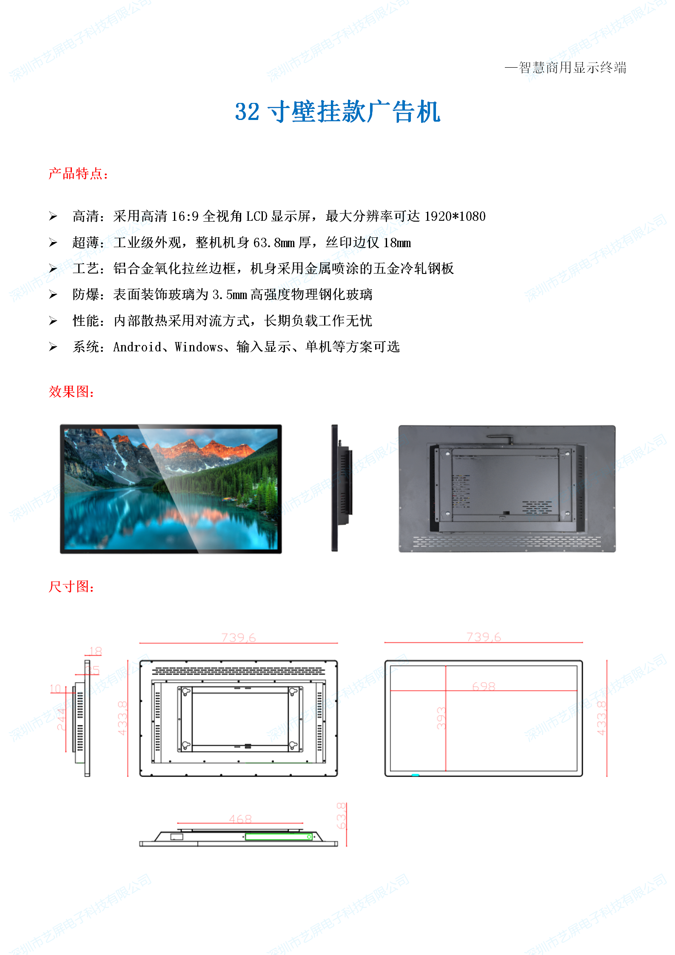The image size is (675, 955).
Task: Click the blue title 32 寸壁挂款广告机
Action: (337, 112)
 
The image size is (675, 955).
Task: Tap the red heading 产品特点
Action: (78, 174)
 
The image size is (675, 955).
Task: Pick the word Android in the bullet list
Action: (137, 347)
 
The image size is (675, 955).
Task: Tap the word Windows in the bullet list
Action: (199, 347)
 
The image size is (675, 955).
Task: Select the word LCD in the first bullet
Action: (256, 217)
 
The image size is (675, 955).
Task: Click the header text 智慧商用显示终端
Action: (572, 68)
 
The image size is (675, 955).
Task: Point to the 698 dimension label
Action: (484, 686)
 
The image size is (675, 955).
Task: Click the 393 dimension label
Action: (441, 718)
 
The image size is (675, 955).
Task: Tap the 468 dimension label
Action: (240, 819)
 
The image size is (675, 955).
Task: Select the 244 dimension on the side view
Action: (61, 719)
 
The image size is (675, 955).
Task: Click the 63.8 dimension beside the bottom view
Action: (341, 816)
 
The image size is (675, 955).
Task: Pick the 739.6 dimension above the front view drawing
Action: (484, 637)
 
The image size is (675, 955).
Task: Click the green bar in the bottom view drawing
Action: (279, 837)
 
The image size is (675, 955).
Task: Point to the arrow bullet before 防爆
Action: (53, 295)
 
